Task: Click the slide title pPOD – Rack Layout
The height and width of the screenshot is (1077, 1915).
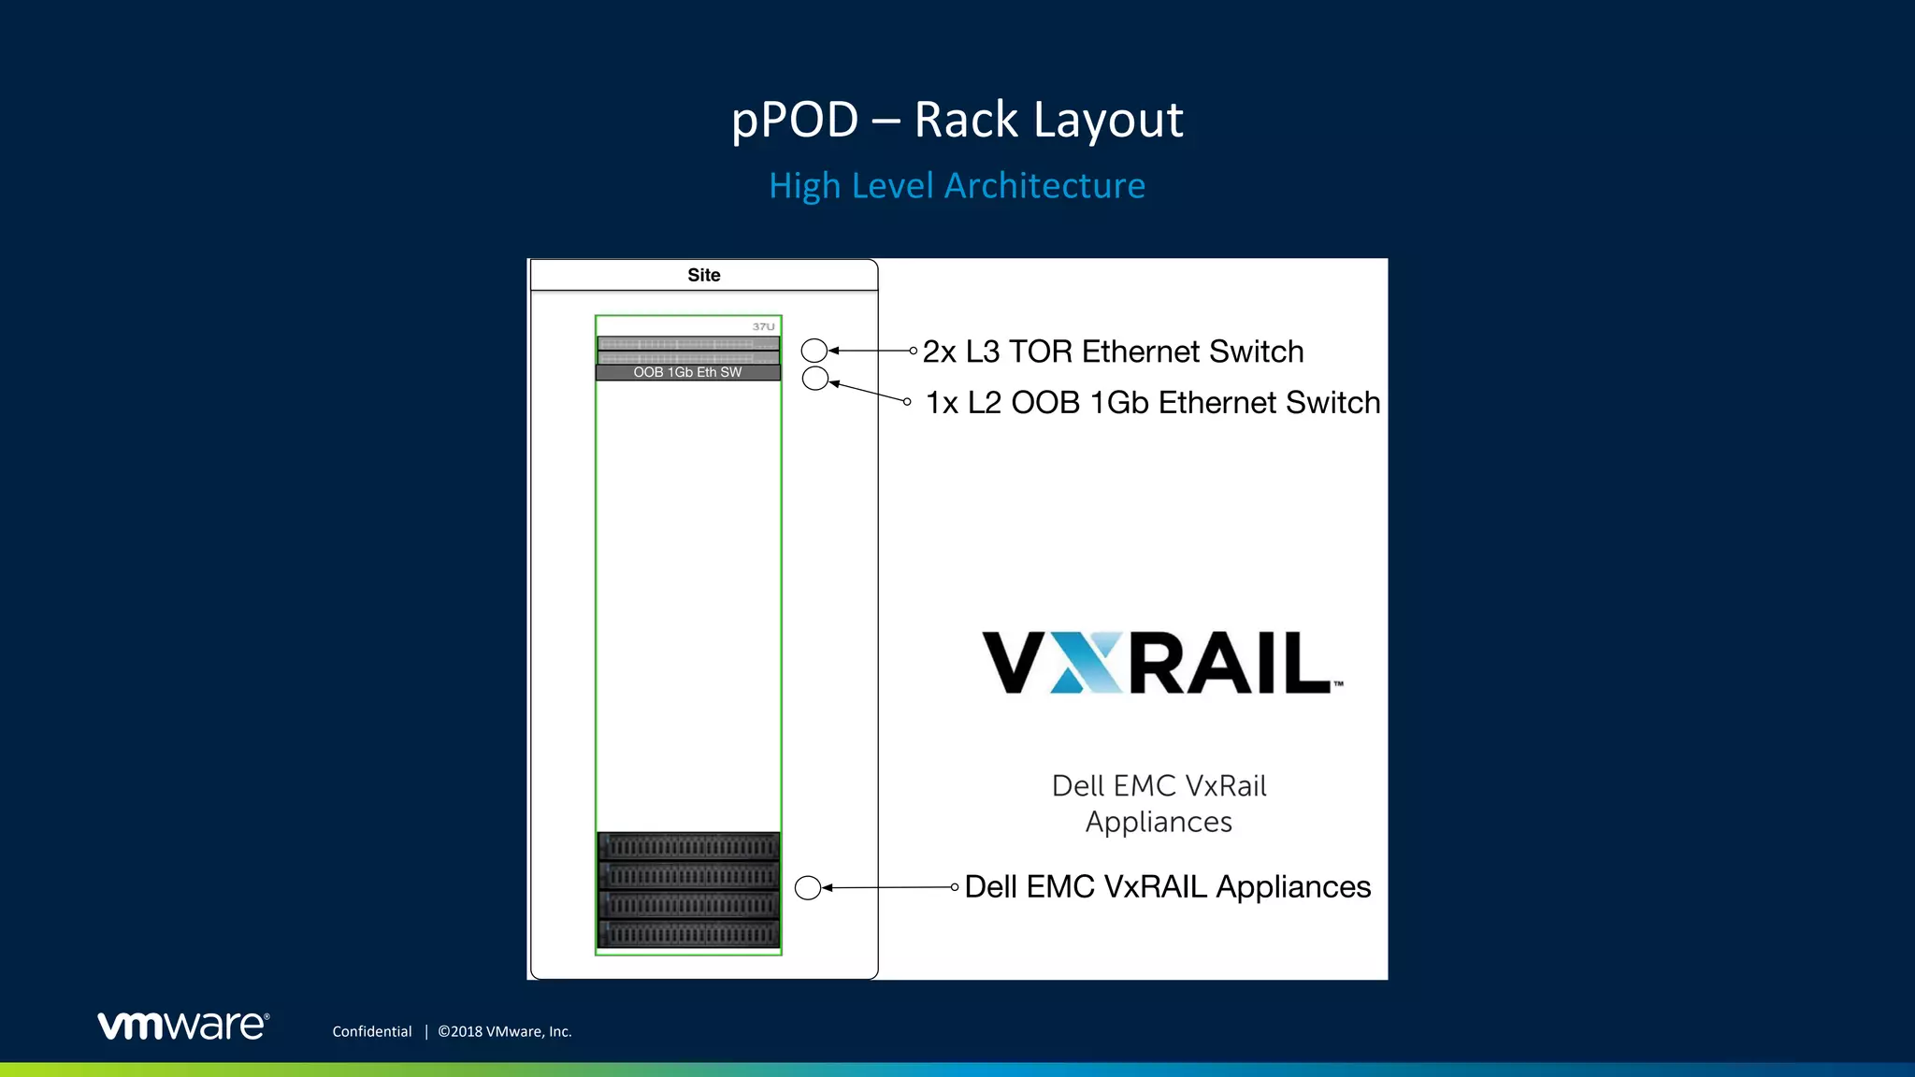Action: click(957, 120)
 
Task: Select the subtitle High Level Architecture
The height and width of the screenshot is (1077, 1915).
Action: click(957, 185)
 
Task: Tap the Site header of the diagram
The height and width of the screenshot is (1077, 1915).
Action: click(703, 275)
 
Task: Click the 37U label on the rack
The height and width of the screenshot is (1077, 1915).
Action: click(763, 326)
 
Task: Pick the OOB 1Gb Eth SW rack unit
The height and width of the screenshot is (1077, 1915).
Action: click(687, 372)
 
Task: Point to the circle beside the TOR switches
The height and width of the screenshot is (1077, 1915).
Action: click(814, 351)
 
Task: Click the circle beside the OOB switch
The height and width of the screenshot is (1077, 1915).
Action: click(815, 378)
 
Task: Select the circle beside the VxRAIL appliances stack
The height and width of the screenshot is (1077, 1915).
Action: click(808, 887)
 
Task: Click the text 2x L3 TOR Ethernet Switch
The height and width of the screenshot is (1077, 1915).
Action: click(1113, 352)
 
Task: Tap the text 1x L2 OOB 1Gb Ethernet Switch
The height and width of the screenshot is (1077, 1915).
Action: click(1152, 402)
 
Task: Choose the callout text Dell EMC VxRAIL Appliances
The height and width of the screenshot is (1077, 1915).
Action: click(1167, 886)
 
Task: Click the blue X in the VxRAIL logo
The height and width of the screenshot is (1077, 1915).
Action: click(1087, 663)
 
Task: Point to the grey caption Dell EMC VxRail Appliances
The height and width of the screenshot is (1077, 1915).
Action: click(1159, 803)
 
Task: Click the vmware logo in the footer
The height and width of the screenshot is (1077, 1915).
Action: click(183, 1026)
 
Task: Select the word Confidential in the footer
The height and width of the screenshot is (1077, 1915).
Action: click(371, 1031)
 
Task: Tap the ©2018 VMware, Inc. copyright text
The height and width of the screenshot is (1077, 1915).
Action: click(505, 1031)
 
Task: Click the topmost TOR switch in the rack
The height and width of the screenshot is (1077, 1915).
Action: click(687, 343)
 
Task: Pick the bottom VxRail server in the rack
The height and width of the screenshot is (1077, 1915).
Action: click(688, 933)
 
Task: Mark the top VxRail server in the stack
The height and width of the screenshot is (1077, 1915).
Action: click(688, 847)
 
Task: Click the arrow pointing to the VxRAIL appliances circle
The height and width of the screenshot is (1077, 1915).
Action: click(888, 887)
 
